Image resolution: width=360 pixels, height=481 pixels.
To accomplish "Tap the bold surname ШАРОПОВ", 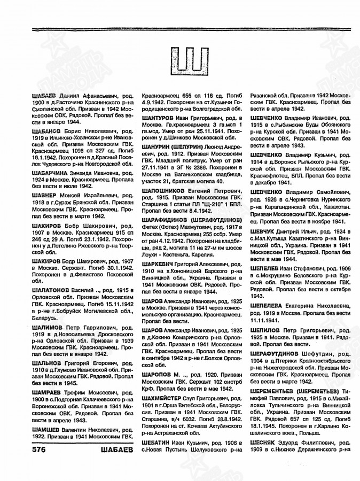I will tap(157, 374).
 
